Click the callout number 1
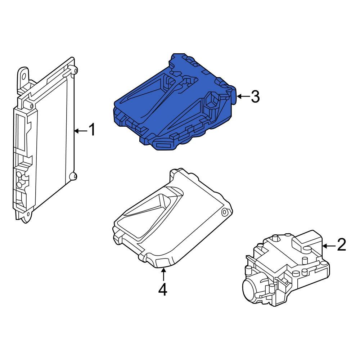click(x=92, y=130)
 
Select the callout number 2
click(x=341, y=244)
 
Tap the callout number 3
click(x=255, y=96)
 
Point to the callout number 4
click(x=163, y=289)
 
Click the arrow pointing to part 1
click(x=81, y=131)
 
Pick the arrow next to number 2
click(x=329, y=246)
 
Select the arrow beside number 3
click(x=243, y=96)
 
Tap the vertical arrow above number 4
click(x=163, y=274)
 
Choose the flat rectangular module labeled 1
click(x=45, y=140)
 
